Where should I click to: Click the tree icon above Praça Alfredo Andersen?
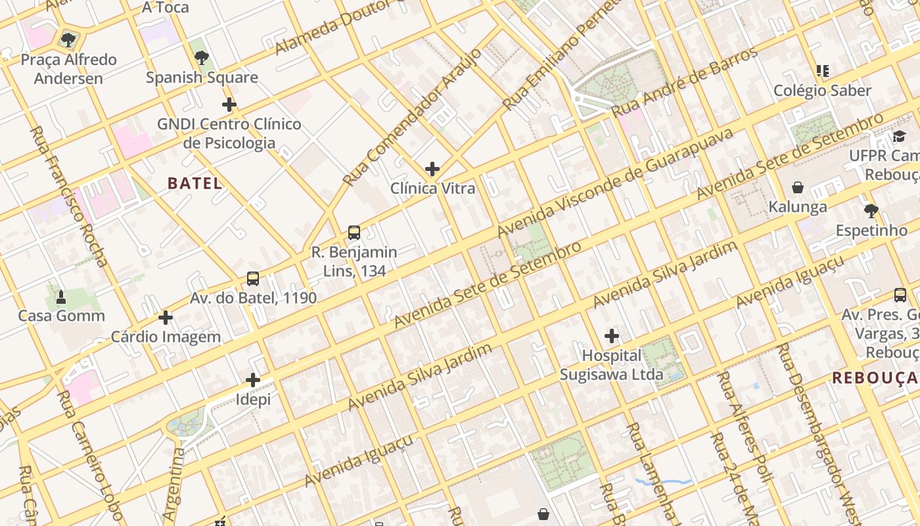[x=68, y=40]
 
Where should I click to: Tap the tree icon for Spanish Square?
[x=202, y=58]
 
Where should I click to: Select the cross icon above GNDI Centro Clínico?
[x=229, y=105]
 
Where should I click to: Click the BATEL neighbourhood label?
[x=195, y=183]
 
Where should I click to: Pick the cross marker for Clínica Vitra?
[x=432, y=169]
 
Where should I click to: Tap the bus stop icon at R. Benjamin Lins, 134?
[x=354, y=232]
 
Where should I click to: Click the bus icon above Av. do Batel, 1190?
[x=253, y=279]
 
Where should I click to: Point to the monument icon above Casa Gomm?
[x=61, y=297]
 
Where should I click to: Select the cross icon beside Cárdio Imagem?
[x=166, y=318]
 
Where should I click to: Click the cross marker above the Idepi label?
[x=253, y=380]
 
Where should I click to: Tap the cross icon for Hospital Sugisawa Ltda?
[x=612, y=337]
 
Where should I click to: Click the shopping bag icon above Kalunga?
[x=798, y=188]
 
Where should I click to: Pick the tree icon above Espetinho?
[x=871, y=211]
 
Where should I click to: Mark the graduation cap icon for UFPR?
[x=898, y=136]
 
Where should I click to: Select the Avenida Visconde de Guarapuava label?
[x=615, y=183]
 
